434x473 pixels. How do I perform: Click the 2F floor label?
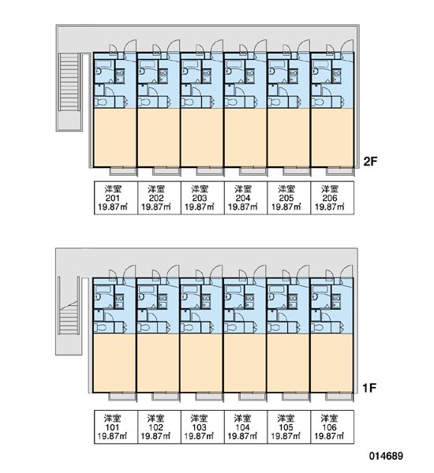370,162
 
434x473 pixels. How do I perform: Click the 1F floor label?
369,388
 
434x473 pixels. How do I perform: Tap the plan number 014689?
386,456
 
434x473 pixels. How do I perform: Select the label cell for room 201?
116,198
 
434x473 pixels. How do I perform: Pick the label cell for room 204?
246,198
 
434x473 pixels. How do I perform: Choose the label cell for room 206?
332,198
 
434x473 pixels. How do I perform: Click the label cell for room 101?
116,426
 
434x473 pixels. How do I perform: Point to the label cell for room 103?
202,426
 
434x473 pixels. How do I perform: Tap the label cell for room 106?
332,426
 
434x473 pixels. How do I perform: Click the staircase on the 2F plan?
69,92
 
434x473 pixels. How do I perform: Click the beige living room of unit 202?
159,137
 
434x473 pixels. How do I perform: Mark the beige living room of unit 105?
288,363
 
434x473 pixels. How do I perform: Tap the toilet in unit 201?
100,102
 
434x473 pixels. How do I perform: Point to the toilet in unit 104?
230,328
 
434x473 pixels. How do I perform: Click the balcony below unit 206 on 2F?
340,171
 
